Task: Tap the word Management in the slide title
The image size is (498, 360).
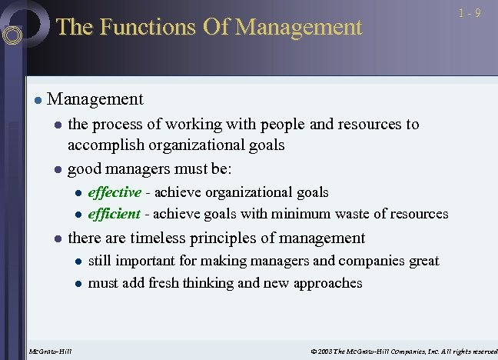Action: (298, 28)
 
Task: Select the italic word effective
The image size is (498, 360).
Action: (115, 192)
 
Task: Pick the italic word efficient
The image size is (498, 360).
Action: (115, 214)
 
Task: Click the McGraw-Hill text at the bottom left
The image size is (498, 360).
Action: (49, 352)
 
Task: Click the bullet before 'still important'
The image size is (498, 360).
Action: (78, 262)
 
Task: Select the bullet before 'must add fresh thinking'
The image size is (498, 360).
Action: (78, 283)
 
